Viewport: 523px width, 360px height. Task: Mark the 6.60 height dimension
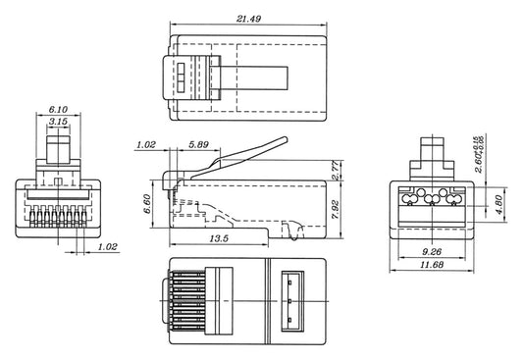coord(147,205)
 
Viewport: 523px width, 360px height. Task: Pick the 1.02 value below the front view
coord(108,247)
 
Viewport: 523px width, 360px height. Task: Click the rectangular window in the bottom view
coord(291,298)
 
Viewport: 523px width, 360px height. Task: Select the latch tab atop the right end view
coord(432,156)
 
